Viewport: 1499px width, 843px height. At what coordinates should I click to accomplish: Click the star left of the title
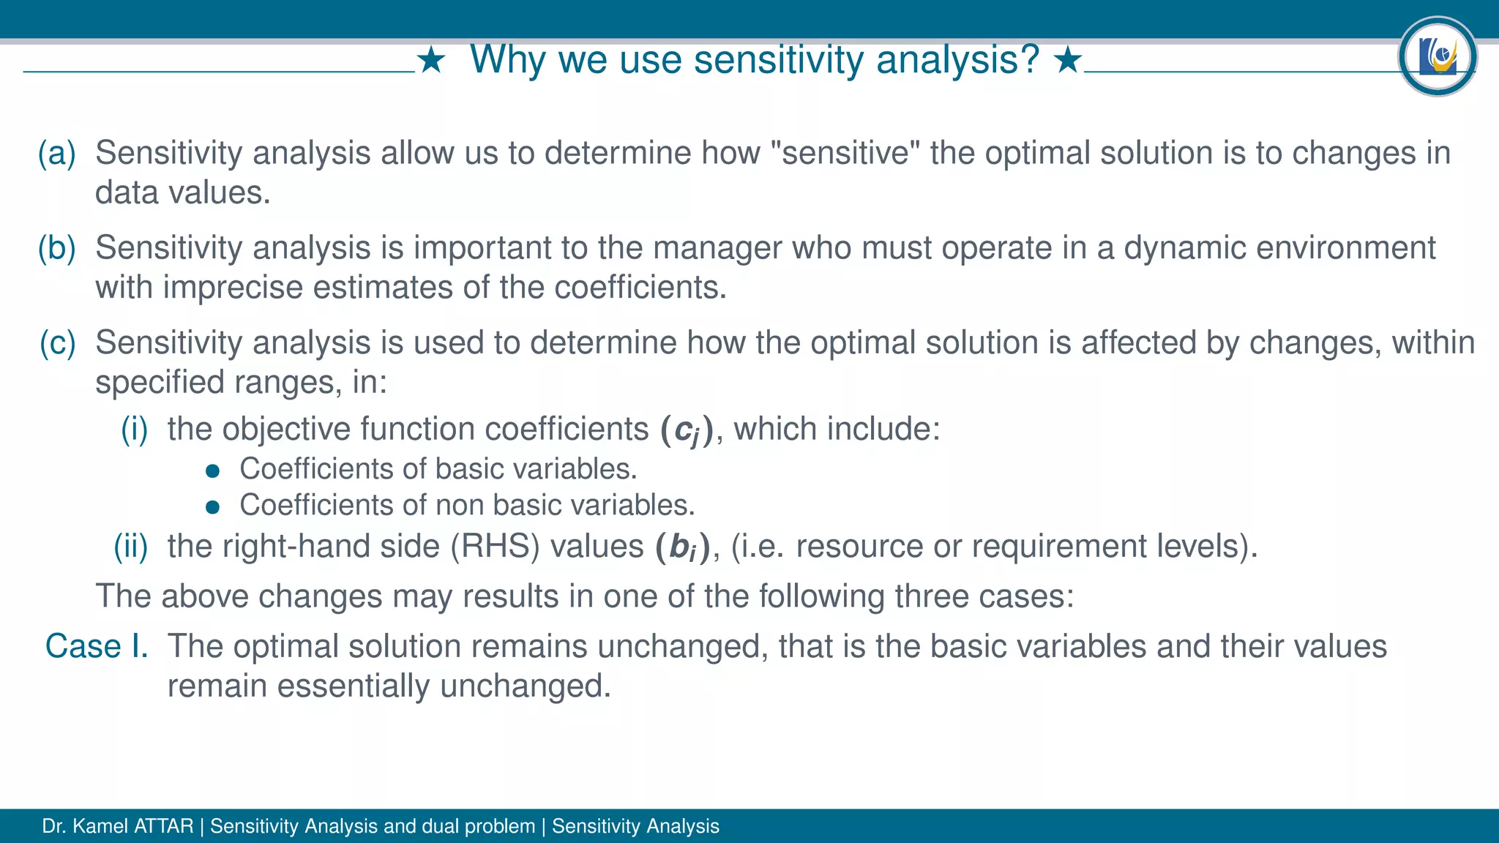pyautogui.click(x=432, y=61)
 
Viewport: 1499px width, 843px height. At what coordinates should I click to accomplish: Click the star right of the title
pyautogui.click(x=1068, y=61)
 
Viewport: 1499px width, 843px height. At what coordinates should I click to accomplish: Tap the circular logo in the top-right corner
pyautogui.click(x=1437, y=56)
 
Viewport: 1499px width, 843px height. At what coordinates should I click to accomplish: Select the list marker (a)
pyautogui.click(x=57, y=153)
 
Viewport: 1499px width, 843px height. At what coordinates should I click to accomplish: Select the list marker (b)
pyautogui.click(x=57, y=248)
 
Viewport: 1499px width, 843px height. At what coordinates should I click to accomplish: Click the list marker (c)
pyautogui.click(x=57, y=343)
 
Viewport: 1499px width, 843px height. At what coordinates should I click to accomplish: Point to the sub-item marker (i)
pyautogui.click(x=135, y=429)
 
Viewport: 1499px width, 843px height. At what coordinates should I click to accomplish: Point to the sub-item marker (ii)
pyautogui.click(x=131, y=547)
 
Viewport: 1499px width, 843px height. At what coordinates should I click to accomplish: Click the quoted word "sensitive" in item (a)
pyautogui.click(x=845, y=153)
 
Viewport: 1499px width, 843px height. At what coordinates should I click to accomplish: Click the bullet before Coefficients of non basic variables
pyautogui.click(x=213, y=507)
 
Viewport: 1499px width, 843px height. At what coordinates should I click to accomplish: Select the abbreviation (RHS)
pyautogui.click(x=495, y=547)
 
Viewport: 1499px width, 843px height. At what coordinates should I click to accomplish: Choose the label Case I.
pyautogui.click(x=97, y=646)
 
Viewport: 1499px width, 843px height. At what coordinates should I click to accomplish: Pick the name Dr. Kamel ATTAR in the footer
pyautogui.click(x=117, y=826)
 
